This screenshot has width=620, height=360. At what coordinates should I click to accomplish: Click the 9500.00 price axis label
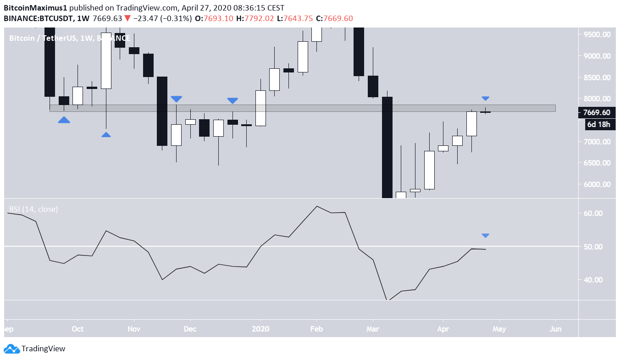pos(597,34)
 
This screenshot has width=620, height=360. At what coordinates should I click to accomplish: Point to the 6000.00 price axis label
pos(597,184)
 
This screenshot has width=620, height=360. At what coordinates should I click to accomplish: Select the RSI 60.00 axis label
pos(598,213)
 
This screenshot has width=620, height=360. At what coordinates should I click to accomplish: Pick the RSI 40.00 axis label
pos(598,280)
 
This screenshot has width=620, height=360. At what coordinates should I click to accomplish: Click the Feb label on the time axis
pos(316,329)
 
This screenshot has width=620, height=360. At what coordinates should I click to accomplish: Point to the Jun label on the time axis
pos(555,329)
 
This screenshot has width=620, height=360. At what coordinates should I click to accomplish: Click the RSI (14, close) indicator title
pos(33,209)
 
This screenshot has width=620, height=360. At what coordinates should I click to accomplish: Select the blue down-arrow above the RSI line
pos(486,236)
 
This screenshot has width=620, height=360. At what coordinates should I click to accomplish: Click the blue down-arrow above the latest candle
pos(486,98)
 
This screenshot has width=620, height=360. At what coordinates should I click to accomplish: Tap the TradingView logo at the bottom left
pos(35,349)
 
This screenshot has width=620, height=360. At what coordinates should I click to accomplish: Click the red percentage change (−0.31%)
pos(173,18)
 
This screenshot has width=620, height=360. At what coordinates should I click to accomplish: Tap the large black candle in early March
pos(387,147)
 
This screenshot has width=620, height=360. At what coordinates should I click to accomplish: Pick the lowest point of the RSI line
pos(388,300)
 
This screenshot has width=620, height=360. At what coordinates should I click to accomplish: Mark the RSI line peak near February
pos(316,206)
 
